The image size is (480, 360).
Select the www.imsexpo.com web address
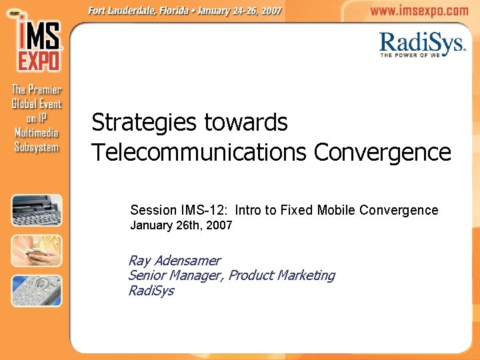coord(419,11)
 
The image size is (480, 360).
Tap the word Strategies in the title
coord(144,123)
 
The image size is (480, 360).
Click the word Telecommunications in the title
coord(199,153)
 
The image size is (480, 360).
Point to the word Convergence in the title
coord(382,153)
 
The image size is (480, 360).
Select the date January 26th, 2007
coord(181,225)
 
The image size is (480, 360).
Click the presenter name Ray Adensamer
coord(174,261)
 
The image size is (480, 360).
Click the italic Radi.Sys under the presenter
coord(151,291)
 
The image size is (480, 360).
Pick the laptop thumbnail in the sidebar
coord(37,210)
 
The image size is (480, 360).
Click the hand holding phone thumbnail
coord(37,251)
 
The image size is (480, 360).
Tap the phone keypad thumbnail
coord(37,291)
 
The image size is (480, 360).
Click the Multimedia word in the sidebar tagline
coord(37,133)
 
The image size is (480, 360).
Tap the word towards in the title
coord(246,123)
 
